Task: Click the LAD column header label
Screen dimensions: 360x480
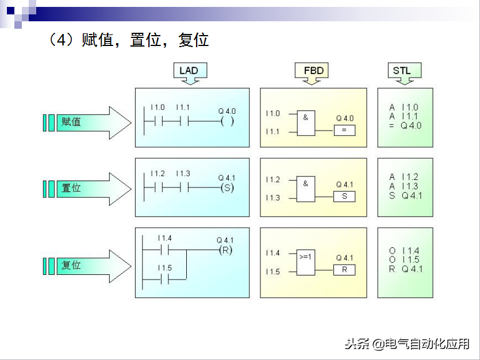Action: pyautogui.click(x=189, y=71)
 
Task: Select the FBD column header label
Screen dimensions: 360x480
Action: pyautogui.click(x=313, y=71)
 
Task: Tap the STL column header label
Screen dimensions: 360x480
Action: pyautogui.click(x=402, y=71)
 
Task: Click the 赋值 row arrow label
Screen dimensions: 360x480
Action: pyautogui.click(x=71, y=122)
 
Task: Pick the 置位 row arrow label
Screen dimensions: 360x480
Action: pyautogui.click(x=71, y=188)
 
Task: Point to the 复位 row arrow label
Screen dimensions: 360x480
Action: pyautogui.click(x=71, y=266)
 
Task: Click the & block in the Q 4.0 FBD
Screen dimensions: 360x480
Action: pyautogui.click(x=306, y=122)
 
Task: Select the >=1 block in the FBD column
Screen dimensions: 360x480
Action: pyautogui.click(x=306, y=262)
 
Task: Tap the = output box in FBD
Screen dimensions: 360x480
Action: pyautogui.click(x=344, y=130)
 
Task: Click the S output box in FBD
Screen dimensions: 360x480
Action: pyautogui.click(x=344, y=196)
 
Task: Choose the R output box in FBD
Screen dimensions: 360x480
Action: pyautogui.click(x=344, y=270)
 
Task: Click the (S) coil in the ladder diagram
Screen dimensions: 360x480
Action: pyautogui.click(x=227, y=188)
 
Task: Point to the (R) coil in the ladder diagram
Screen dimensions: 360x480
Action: pyautogui.click(x=225, y=250)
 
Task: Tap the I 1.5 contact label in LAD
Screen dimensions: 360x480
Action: pyautogui.click(x=164, y=268)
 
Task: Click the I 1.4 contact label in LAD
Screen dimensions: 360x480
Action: pyautogui.click(x=164, y=238)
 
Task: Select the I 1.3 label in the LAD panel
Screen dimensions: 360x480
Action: pyautogui.click(x=183, y=174)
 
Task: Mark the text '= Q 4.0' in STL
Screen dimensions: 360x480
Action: pyautogui.click(x=405, y=125)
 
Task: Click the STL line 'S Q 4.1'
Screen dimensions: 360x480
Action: pyautogui.click(x=405, y=196)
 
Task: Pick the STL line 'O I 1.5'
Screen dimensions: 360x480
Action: pyautogui.click(x=405, y=260)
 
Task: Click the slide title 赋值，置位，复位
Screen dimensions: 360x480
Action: pyautogui.click(x=129, y=40)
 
